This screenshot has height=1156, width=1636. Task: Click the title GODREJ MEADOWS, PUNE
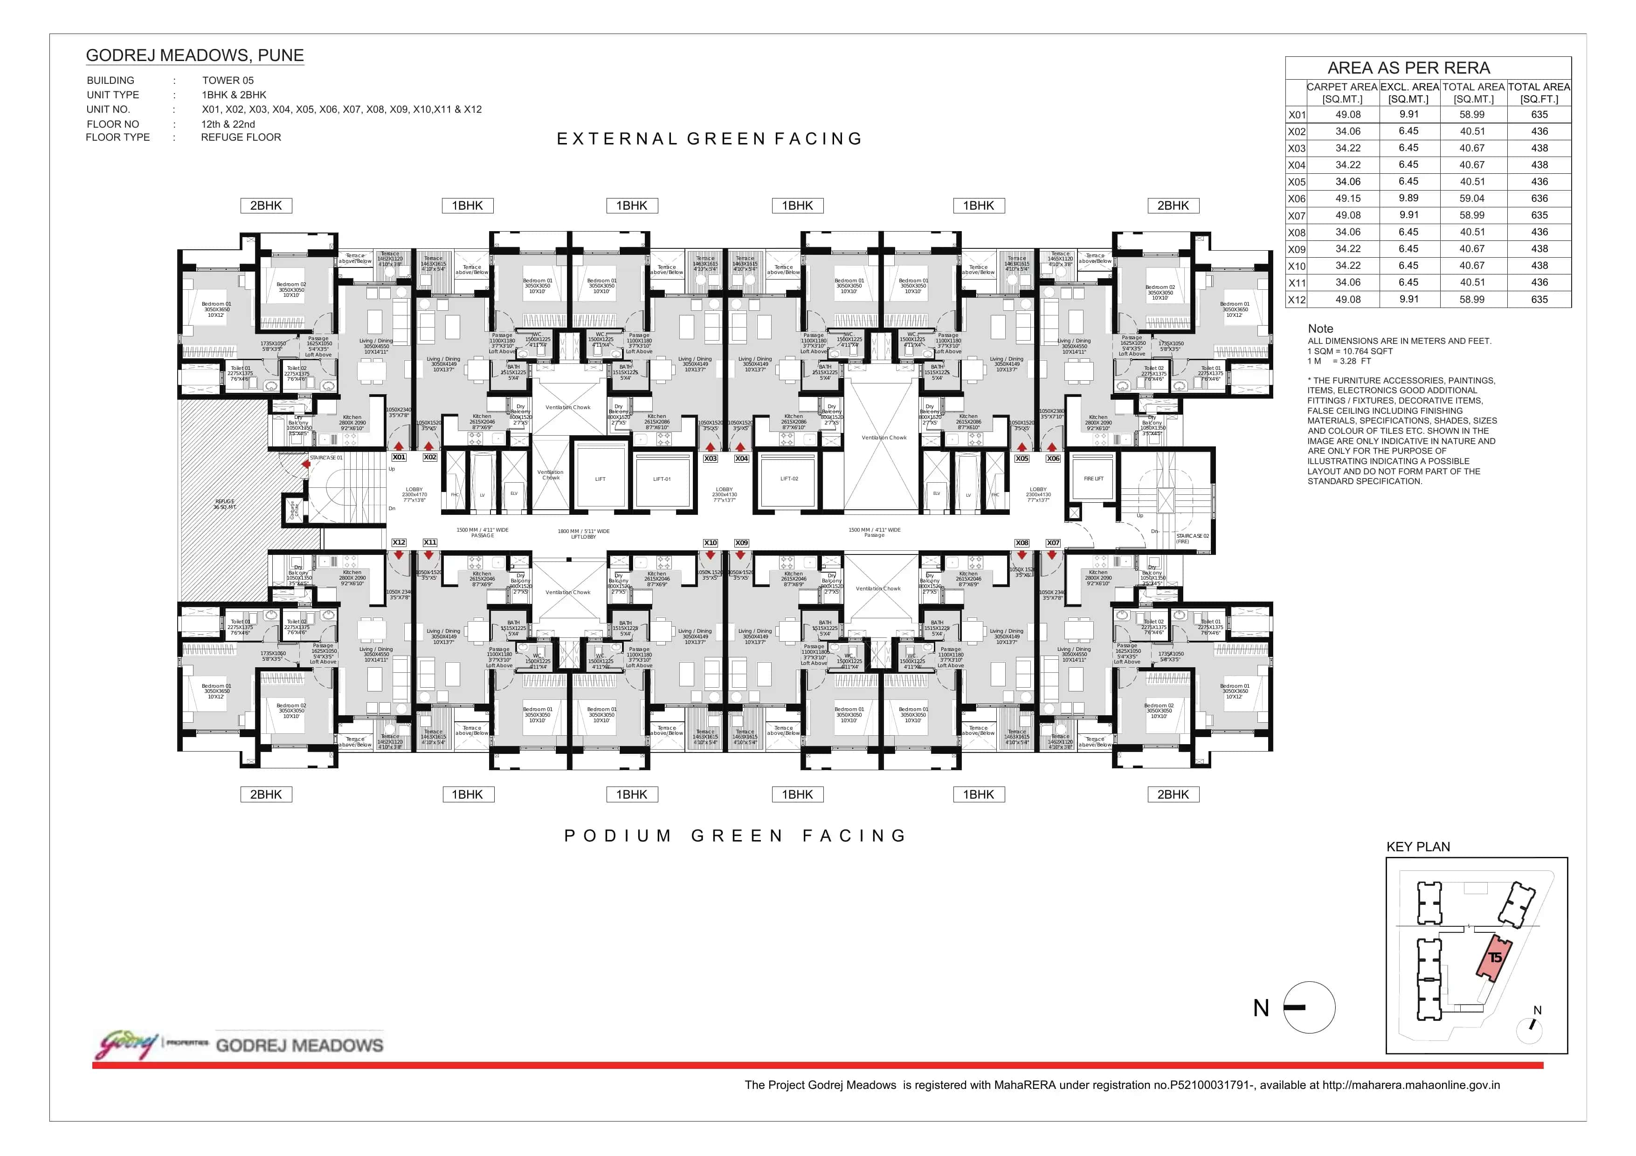pyautogui.click(x=194, y=55)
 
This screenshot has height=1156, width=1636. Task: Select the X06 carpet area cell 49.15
pyautogui.click(x=1347, y=198)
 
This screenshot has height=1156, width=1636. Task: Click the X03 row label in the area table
pyautogui.click(x=1296, y=148)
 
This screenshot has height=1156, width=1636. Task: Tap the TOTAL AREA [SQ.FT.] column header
pyautogui.click(x=1539, y=93)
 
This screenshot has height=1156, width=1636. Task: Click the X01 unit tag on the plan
pyautogui.click(x=399, y=457)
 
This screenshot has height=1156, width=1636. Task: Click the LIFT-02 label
pyautogui.click(x=789, y=479)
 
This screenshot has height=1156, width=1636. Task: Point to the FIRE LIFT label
pyautogui.click(x=1093, y=479)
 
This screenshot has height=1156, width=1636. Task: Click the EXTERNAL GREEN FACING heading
pyautogui.click(x=709, y=139)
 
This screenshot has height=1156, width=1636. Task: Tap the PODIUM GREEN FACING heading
pyautogui.click(x=735, y=835)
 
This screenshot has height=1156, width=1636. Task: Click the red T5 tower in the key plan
pyautogui.click(x=1494, y=958)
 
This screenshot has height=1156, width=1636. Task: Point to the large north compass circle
pyautogui.click(x=1309, y=1007)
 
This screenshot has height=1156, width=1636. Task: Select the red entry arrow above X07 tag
pyautogui.click(x=1052, y=555)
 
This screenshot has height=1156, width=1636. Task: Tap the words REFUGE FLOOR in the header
pyautogui.click(x=241, y=137)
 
